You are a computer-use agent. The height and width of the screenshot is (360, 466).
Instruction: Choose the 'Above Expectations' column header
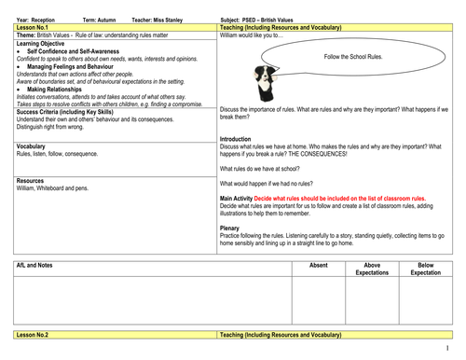click(372, 269)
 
